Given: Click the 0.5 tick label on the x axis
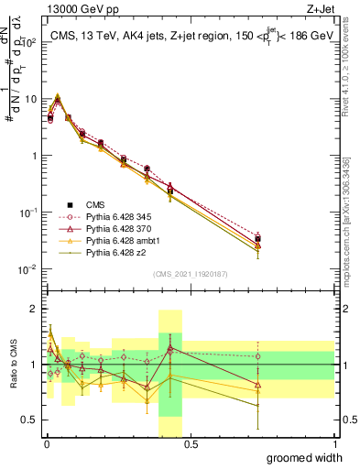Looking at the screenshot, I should pyautogui.click(x=190, y=444).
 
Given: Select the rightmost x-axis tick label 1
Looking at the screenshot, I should pyautogui.click(x=334, y=444).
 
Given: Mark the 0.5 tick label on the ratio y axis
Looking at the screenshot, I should pyautogui.click(x=29, y=420).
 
